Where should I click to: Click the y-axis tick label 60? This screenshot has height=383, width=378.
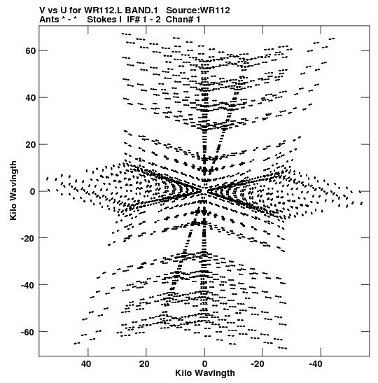(x=31, y=51)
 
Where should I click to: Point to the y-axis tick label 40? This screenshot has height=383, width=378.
(x=31, y=98)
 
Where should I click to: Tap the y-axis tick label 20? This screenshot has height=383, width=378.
(x=31, y=145)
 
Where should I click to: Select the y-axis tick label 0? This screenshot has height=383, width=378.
(x=33, y=192)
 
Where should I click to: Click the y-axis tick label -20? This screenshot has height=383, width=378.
(x=28, y=238)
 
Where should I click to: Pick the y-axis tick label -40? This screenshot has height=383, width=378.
(x=28, y=285)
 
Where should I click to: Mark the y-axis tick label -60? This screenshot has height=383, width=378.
(x=28, y=332)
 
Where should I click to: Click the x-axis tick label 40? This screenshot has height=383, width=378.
(x=86, y=364)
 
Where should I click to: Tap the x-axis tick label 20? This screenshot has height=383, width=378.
(x=144, y=364)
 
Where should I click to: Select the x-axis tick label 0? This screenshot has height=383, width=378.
(x=204, y=364)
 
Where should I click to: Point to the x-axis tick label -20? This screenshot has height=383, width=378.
(x=258, y=364)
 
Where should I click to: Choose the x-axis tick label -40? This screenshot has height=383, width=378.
(x=316, y=364)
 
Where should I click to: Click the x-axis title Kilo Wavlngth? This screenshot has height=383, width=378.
(x=205, y=373)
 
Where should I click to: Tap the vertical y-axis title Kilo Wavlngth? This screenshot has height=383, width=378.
(x=13, y=190)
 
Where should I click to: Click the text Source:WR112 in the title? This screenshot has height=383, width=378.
(x=198, y=11)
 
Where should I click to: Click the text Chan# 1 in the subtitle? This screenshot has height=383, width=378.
(x=183, y=20)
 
